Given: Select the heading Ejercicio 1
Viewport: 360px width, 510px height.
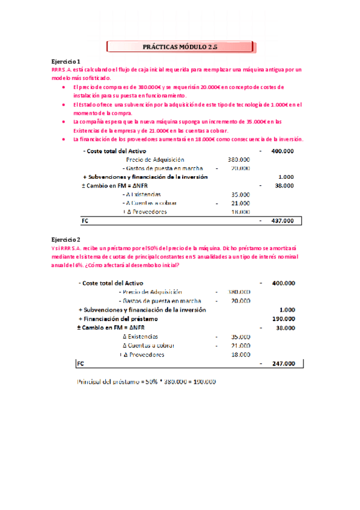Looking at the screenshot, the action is tap(66, 62).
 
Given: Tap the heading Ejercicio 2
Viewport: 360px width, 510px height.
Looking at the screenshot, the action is tap(66, 239).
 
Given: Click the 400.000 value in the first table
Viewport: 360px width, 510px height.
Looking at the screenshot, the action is tap(282, 151).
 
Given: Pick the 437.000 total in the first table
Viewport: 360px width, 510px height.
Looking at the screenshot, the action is tap(282, 221).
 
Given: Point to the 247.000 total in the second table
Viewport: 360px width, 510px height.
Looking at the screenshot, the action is tap(282, 363).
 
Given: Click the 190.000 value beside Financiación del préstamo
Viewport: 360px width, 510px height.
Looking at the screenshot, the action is tap(282, 319).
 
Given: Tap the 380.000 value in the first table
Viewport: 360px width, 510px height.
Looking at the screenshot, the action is tap(239, 159).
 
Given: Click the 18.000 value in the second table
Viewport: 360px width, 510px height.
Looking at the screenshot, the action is tap(240, 355).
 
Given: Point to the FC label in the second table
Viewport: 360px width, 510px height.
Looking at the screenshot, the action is tap(81, 363).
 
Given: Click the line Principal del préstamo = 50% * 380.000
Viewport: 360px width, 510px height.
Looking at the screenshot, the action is tap(147, 382).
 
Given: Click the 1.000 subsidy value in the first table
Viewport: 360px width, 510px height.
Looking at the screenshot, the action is tap(286, 177).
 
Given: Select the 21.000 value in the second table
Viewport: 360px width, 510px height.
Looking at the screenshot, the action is tap(240, 346).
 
